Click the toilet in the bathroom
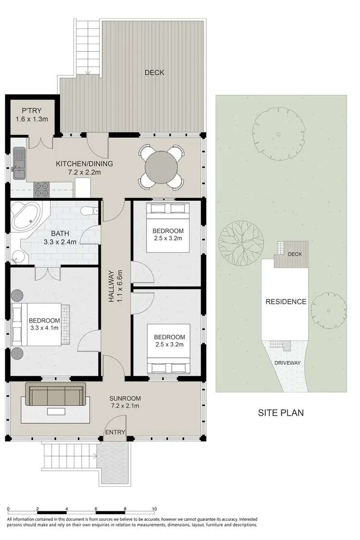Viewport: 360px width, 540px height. tap(90, 211)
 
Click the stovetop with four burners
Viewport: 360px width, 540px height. tap(41, 190)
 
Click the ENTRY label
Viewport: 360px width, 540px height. tap(116, 432)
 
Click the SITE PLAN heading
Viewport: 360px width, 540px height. tap(281, 412)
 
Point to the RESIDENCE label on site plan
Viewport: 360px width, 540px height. tap(286, 302)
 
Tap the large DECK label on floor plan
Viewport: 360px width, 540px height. tap(155, 72)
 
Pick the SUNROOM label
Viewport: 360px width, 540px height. tap(125, 398)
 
